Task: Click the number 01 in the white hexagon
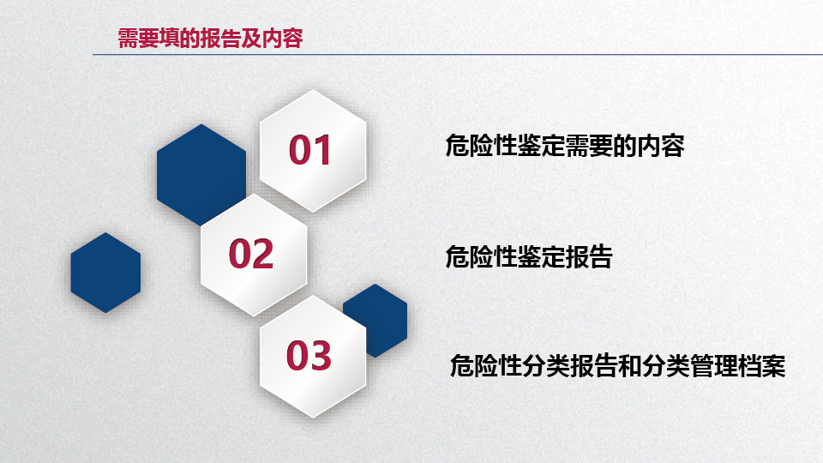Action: pyautogui.click(x=309, y=150)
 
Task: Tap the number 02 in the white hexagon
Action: pyautogui.click(x=251, y=254)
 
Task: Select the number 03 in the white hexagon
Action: pyautogui.click(x=309, y=355)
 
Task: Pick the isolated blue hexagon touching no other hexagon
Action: pyautogui.click(x=105, y=273)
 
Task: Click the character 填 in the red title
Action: pyautogui.click(x=169, y=39)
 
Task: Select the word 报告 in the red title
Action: pyautogui.click(x=220, y=39)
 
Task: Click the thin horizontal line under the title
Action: pyautogui.click(x=458, y=54)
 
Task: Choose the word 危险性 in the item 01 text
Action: pyautogui.click(x=481, y=146)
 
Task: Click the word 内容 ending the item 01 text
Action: pyautogui.click(x=661, y=146)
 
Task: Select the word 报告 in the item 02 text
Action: pyautogui.click(x=589, y=256)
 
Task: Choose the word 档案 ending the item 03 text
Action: pyautogui.click(x=761, y=366)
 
